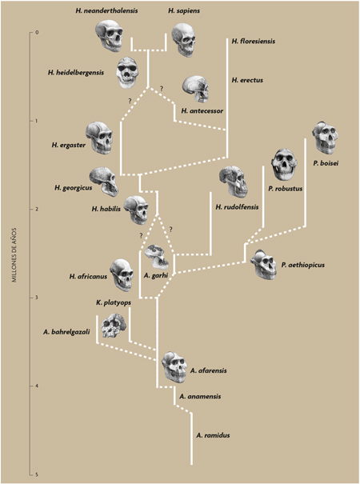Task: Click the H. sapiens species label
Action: pos(184,11)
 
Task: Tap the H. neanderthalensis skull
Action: pos(110,35)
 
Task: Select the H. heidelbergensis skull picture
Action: pos(127,73)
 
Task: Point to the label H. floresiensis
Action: pos(253,41)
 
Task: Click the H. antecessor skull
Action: pos(196,89)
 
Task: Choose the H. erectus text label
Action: pos(247,80)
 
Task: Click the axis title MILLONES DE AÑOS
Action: pos(14,255)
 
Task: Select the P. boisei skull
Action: pos(325,138)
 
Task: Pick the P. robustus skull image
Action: pos(283,165)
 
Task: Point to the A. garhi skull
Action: pos(157,257)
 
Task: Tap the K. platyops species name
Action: pos(114,303)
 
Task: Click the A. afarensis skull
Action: pos(174,367)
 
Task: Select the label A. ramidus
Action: pos(213,435)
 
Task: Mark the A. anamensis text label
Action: pos(200,396)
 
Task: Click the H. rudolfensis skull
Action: pos(233,182)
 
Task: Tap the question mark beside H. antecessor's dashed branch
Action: pos(161,89)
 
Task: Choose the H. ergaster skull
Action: pos(99,138)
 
